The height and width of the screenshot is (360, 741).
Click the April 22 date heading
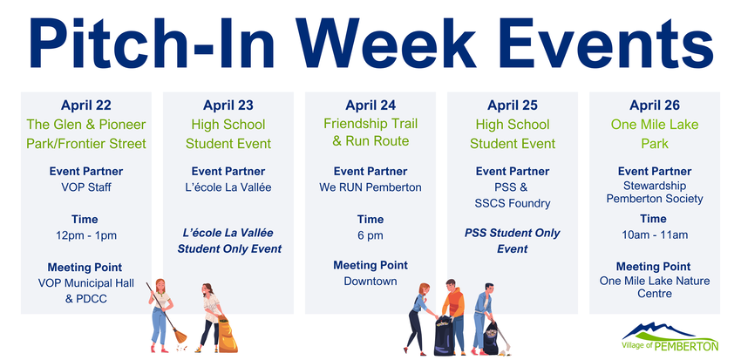click(86, 105)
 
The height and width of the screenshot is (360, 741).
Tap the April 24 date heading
click(370, 105)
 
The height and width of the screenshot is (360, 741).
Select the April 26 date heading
click(655, 105)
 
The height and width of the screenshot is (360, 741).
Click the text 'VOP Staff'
click(86, 187)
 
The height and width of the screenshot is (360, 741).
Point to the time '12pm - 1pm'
click(85, 235)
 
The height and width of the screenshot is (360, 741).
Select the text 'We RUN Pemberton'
click(370, 187)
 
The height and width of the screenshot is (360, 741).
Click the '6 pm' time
click(370, 235)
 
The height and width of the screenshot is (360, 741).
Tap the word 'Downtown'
click(370, 281)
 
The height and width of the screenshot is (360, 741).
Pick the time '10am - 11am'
click(655, 234)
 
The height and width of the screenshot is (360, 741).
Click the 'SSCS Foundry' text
click(513, 204)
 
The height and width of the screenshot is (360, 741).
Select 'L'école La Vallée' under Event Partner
click(228, 187)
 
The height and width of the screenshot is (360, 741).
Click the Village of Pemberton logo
click(670, 337)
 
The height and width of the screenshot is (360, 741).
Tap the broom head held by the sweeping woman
click(180, 336)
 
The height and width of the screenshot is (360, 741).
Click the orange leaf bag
click(228, 335)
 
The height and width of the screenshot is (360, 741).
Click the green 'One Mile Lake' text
click(655, 125)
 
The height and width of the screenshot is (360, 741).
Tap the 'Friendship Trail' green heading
click(370, 124)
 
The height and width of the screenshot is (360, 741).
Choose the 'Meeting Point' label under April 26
click(655, 266)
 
